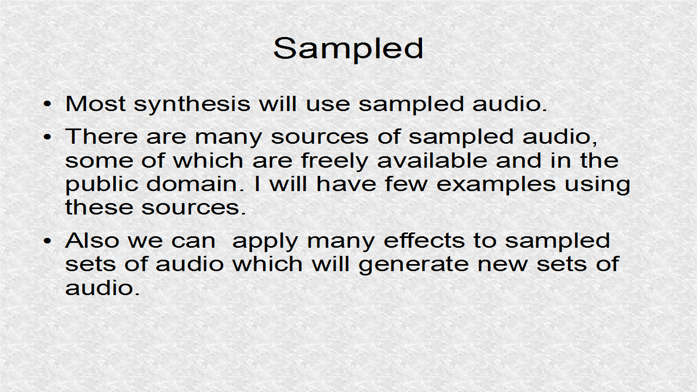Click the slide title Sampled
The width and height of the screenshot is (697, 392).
click(348, 49)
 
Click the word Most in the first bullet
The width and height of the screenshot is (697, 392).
click(96, 103)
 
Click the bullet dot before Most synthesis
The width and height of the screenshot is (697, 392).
click(48, 104)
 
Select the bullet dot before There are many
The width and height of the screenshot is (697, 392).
click(48, 137)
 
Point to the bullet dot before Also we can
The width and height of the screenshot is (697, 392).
click(48, 241)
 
